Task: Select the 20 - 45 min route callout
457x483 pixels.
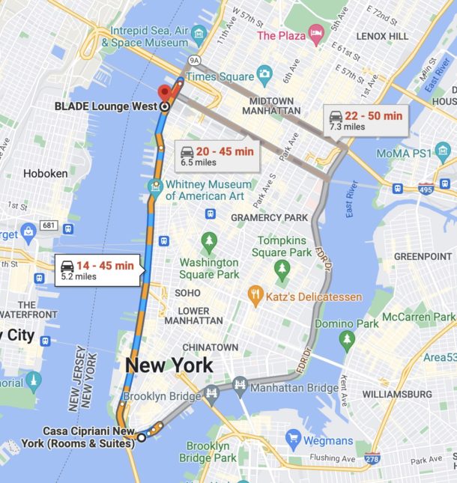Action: tap(217, 155)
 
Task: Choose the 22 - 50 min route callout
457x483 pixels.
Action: tap(366, 120)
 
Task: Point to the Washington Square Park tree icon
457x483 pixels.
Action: tap(208, 242)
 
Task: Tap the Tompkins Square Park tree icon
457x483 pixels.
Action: tap(282, 267)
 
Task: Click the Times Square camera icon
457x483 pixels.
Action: tap(264, 74)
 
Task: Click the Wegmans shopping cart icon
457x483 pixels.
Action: tap(293, 440)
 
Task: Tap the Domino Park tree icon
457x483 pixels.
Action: tap(346, 341)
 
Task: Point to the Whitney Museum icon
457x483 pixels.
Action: tap(156, 185)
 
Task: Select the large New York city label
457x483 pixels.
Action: tap(169, 365)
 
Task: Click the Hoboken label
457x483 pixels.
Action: tap(46, 173)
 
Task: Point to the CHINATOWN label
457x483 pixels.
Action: tap(210, 347)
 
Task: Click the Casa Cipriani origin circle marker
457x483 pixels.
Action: tap(140, 437)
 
